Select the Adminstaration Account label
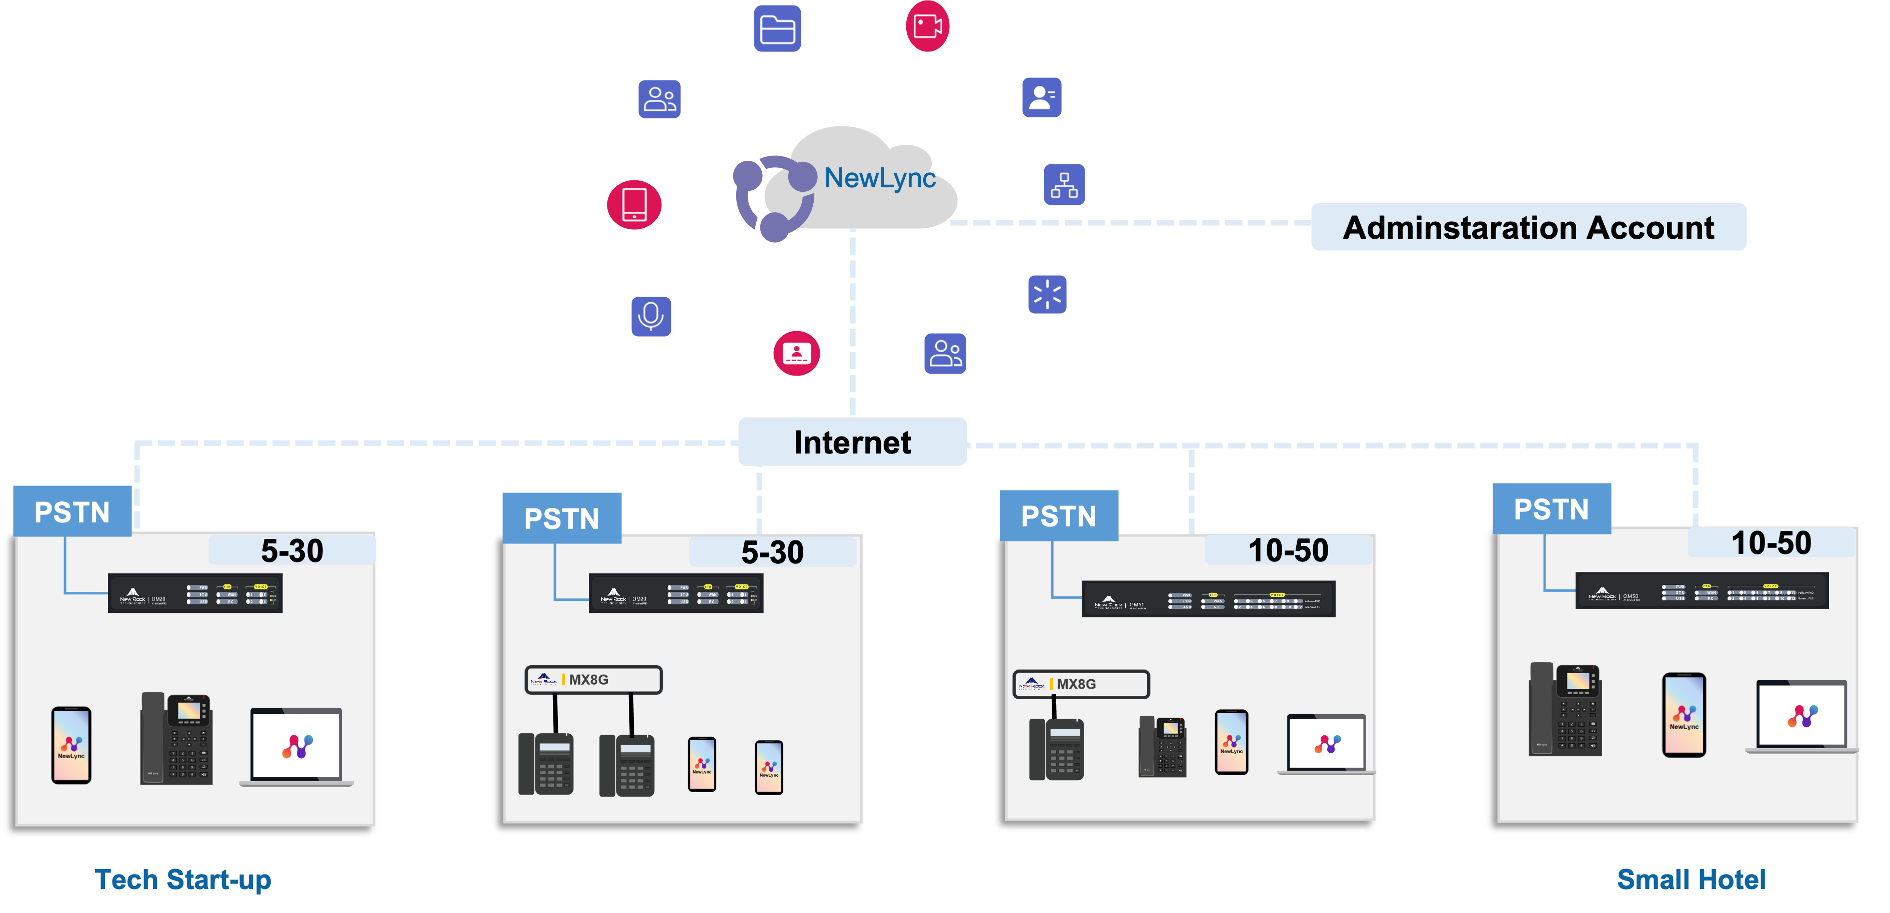click(1528, 227)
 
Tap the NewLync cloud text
click(880, 177)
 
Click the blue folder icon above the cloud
click(777, 28)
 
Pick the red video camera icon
click(927, 27)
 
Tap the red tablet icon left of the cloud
click(634, 205)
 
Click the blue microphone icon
click(651, 316)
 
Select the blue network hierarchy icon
click(1064, 184)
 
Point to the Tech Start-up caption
click(182, 879)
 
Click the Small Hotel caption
click(1691, 879)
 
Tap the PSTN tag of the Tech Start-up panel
click(72, 511)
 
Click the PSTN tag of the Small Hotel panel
click(1551, 509)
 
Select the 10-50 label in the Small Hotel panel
click(1771, 543)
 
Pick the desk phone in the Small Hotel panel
click(1566, 709)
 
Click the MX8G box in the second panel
click(593, 680)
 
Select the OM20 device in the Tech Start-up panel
click(195, 593)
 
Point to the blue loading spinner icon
click(1047, 295)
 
